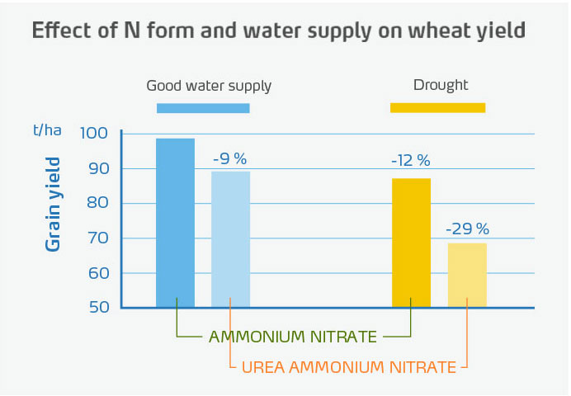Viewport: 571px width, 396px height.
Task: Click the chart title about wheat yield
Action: click(278, 31)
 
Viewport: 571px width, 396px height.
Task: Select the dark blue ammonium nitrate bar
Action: click(175, 223)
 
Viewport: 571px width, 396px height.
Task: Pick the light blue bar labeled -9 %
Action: click(230, 239)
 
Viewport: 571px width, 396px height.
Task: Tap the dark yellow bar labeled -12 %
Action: click(411, 243)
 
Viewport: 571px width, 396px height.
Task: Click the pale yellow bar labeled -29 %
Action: click(467, 275)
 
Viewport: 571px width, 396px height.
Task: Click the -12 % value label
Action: click(410, 161)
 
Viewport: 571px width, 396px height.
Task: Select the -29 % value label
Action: click(467, 229)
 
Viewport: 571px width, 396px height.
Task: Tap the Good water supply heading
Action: click(209, 86)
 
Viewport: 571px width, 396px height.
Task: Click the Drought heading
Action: click(441, 85)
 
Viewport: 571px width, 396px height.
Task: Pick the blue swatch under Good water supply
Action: click(203, 108)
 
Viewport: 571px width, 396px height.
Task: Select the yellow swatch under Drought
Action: click(437, 107)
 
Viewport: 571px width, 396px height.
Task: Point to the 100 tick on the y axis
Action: click(95, 134)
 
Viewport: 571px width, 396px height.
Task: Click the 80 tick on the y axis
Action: click(99, 204)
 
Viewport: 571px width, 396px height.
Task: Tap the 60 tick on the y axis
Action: click(99, 273)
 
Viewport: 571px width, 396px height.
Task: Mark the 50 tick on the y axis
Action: click(99, 308)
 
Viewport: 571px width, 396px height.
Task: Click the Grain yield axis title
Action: click(54, 204)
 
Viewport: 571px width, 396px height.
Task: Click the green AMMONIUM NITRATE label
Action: click(293, 337)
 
